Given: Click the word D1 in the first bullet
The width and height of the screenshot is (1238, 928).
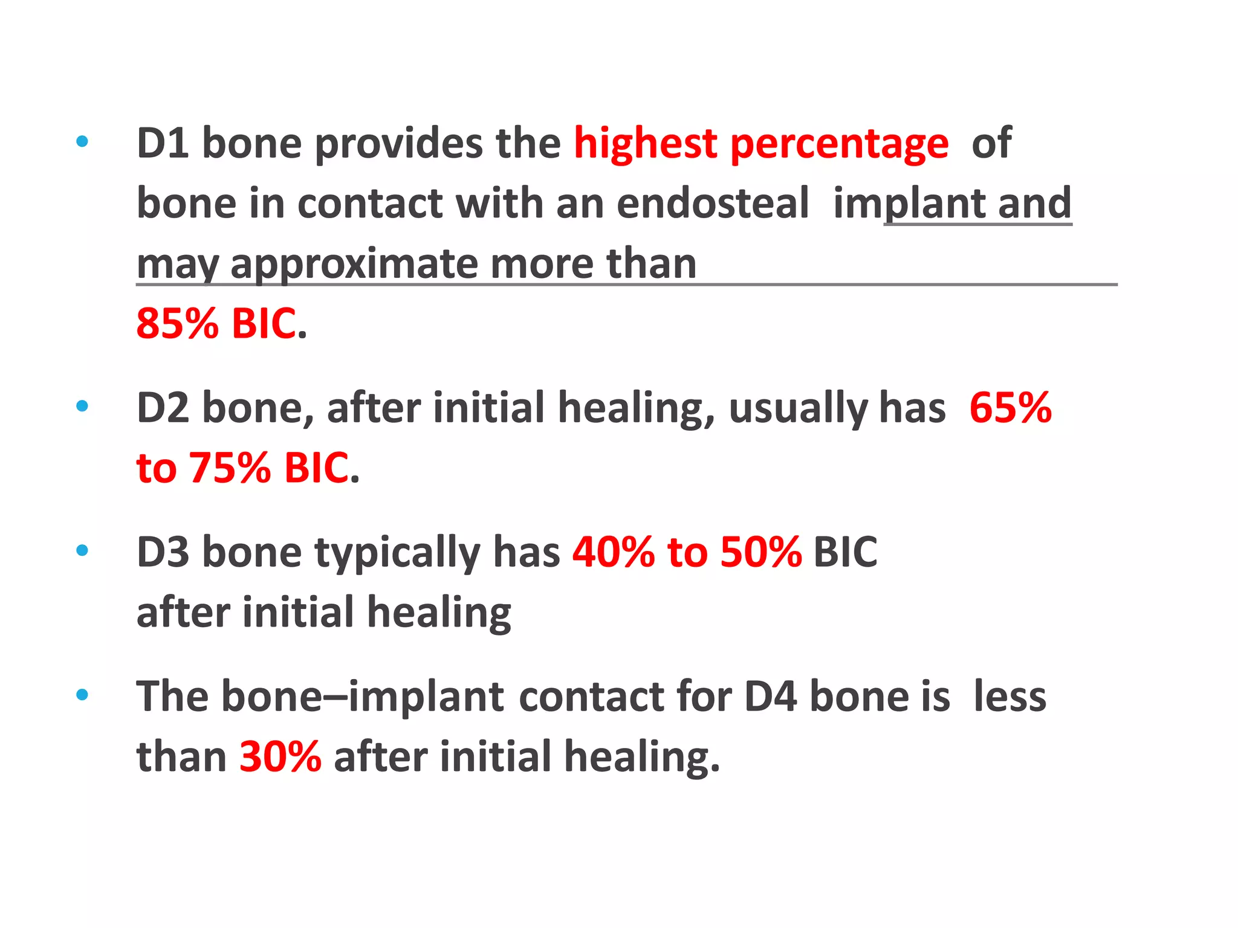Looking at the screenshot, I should [x=161, y=143].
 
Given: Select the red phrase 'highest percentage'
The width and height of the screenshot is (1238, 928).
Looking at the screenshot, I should [x=760, y=143].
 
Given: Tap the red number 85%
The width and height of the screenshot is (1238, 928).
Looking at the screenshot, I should [x=177, y=323].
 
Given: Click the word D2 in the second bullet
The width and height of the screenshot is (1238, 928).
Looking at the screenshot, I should [x=162, y=407].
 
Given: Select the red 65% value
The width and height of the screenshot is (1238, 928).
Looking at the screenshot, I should [x=1010, y=407].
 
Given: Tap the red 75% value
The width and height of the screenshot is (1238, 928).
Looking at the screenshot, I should [x=229, y=468].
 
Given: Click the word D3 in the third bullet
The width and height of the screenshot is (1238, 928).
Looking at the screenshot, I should [x=162, y=552].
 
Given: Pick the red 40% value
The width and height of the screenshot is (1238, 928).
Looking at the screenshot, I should [x=613, y=552].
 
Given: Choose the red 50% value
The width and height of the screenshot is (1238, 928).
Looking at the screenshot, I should [x=761, y=552].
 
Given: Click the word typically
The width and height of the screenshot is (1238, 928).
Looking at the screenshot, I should [x=397, y=553].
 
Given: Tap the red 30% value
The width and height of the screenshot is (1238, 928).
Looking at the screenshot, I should [x=280, y=756].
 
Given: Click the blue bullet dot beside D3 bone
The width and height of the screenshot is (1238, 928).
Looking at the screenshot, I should [x=82, y=550].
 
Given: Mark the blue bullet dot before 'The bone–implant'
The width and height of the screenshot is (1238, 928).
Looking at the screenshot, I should [x=82, y=695].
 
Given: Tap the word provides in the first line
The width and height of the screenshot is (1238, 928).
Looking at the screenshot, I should [x=398, y=143].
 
